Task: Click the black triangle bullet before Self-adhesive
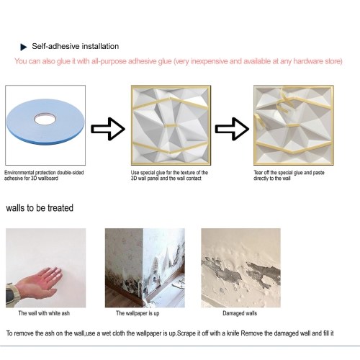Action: point(24,47)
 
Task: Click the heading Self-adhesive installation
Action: point(76,46)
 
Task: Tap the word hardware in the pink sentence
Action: point(308,61)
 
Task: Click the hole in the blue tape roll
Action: point(45,119)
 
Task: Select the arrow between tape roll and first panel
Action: point(108,129)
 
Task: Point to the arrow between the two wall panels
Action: point(232,129)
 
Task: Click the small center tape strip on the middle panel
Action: point(170,125)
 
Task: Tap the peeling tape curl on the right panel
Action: point(283,102)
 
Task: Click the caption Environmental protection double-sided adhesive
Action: point(44,176)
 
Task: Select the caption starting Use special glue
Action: point(169,176)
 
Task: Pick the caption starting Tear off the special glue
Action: point(289,176)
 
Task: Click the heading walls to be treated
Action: point(40,208)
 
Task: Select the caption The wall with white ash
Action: point(44,313)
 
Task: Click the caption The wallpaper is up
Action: point(138,313)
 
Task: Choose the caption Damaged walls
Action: point(240,313)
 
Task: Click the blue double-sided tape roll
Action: point(45,122)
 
